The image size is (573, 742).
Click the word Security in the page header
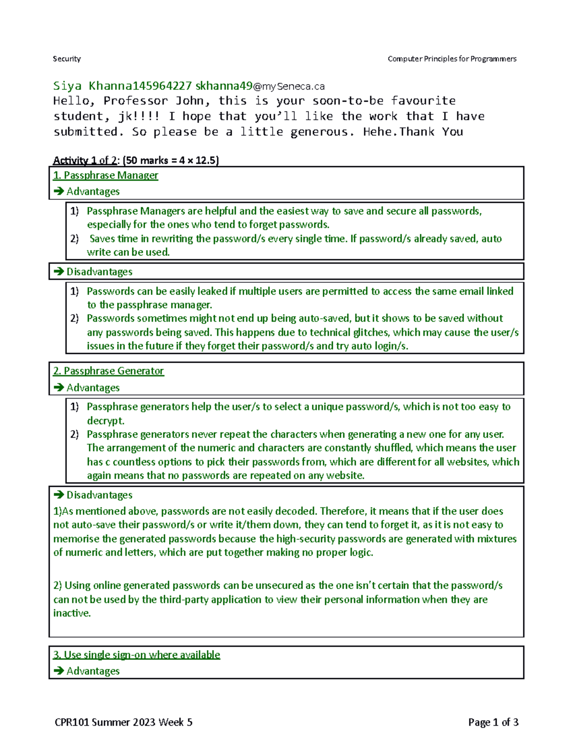67,59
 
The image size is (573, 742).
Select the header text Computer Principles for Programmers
452,59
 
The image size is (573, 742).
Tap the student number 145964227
162,86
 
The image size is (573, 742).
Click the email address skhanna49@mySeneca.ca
260,86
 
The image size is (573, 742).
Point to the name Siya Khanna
93,86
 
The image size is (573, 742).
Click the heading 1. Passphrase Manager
106,175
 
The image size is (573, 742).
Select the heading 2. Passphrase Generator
108,371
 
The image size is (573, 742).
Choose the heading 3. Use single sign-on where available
137,655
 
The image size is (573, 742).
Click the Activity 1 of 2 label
85,161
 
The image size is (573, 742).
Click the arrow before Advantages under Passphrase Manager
59,192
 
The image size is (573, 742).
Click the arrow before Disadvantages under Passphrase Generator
59,495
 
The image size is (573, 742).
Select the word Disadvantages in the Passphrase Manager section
99,272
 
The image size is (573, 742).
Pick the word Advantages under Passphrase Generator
93,387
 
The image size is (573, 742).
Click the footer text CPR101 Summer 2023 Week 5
124,722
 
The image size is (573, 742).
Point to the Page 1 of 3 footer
493,722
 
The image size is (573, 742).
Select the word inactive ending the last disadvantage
71,613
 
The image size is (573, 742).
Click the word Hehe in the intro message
379,132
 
